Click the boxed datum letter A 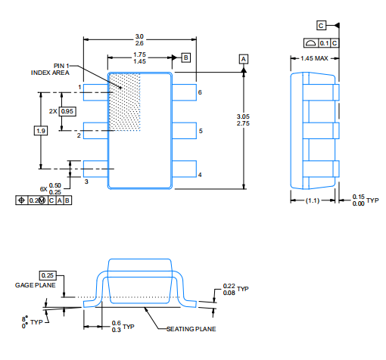click(x=244, y=59)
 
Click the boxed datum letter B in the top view click(x=186, y=57)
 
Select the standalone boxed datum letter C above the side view click(x=321, y=26)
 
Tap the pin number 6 click(x=200, y=92)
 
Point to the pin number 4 click(x=200, y=175)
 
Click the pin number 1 click(x=79, y=87)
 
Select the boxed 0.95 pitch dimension click(x=67, y=111)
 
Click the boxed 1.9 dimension click(x=41, y=131)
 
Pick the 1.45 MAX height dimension click(x=314, y=58)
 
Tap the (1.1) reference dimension click(x=313, y=200)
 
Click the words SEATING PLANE click(x=191, y=329)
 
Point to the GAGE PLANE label click(x=36, y=285)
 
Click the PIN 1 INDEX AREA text click(x=50, y=70)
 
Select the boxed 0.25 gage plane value click(x=48, y=275)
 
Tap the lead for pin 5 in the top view click(x=184, y=131)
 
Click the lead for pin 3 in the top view click(x=96, y=169)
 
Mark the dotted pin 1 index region click(x=124, y=102)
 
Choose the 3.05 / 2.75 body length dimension click(x=243, y=120)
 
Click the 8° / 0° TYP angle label click(x=32, y=322)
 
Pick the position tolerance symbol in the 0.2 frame click(x=22, y=200)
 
